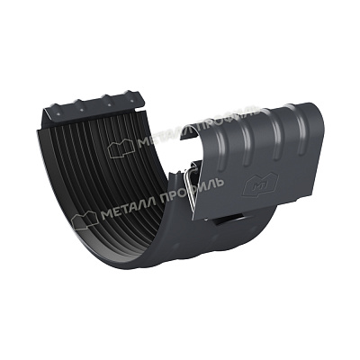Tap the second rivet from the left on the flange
pos(82,110)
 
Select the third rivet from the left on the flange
pos(109,105)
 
